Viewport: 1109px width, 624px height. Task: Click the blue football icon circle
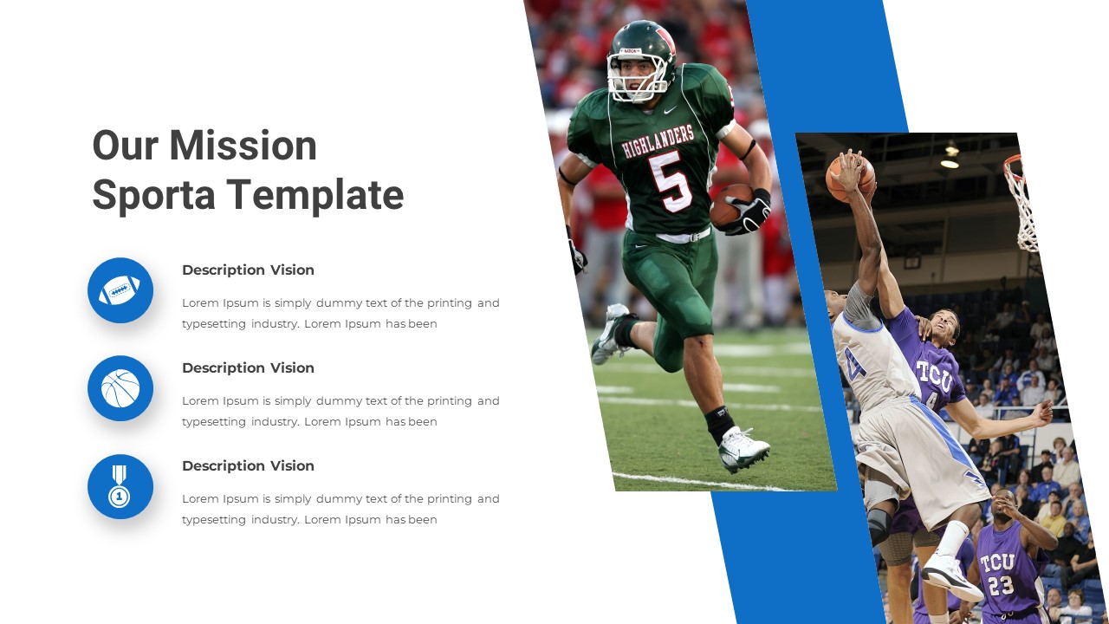120,290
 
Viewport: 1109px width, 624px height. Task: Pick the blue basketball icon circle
120,388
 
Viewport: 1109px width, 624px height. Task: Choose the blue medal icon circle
120,486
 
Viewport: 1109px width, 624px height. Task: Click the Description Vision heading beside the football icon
248,270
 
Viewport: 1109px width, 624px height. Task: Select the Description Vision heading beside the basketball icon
248,368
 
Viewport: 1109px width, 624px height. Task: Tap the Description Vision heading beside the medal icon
248,466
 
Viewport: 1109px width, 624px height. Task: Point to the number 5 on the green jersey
671,180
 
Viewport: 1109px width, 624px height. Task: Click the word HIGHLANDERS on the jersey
658,142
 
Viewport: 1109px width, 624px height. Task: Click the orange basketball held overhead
847,176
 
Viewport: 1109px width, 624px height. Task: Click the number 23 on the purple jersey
1002,586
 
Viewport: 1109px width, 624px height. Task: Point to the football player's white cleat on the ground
743,448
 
